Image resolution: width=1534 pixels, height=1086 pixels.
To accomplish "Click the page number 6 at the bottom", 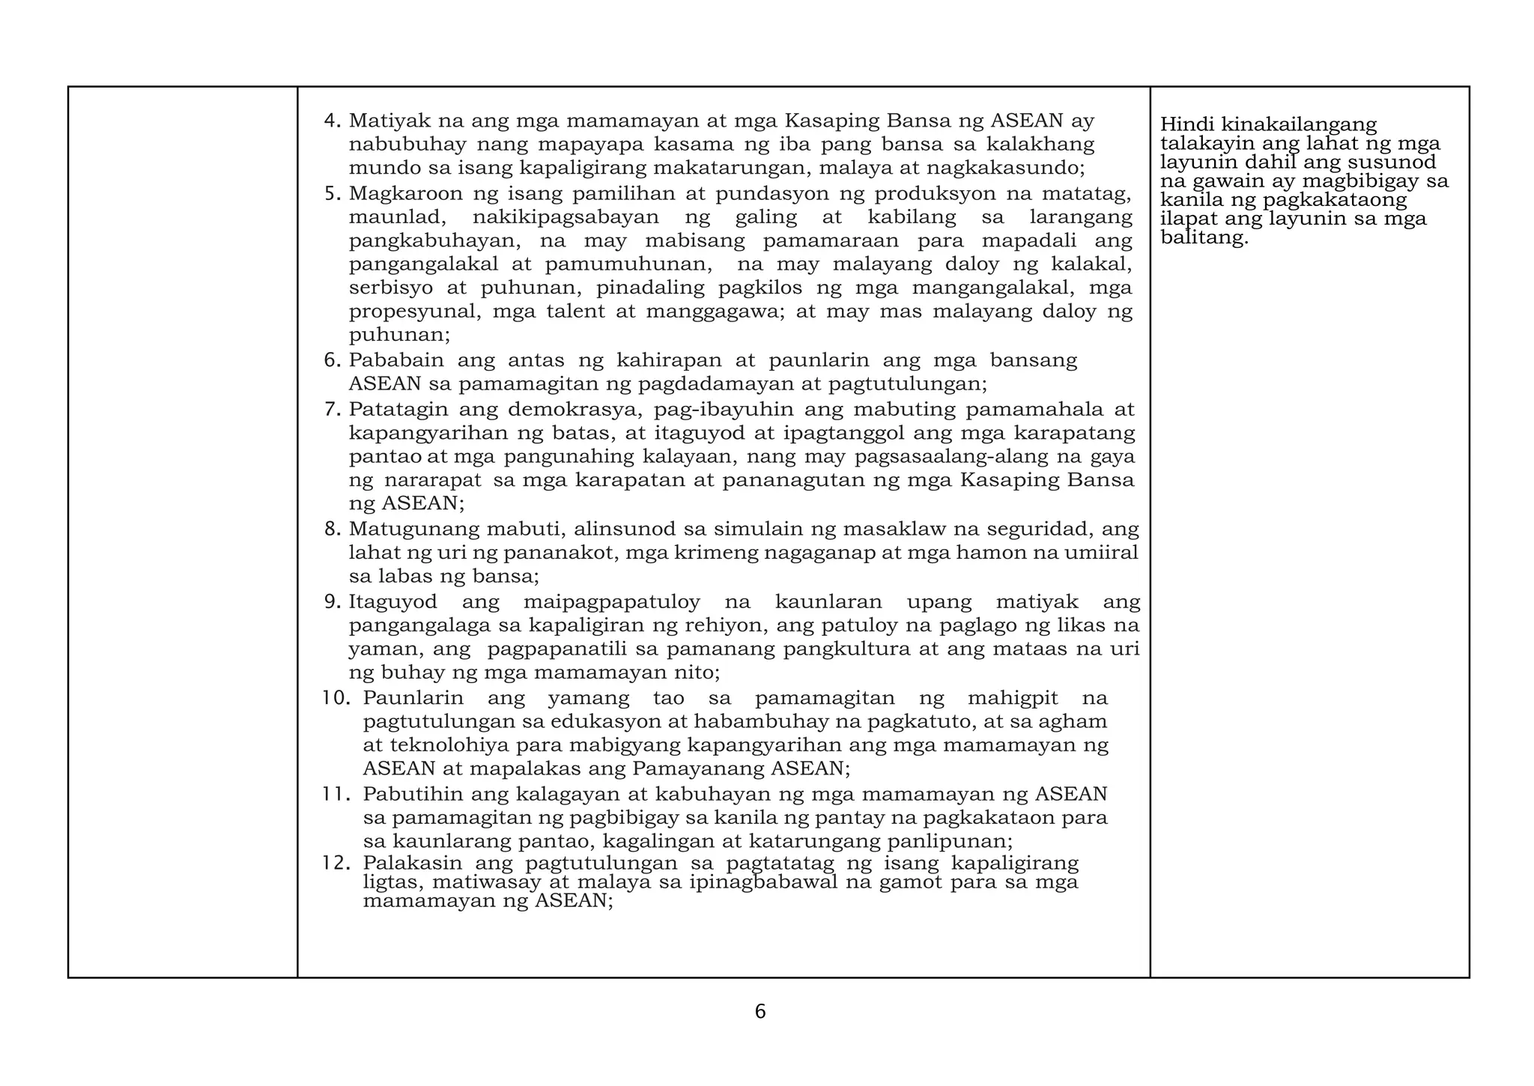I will (x=760, y=1012).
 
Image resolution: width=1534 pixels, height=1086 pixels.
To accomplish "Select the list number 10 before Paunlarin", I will (x=336, y=699).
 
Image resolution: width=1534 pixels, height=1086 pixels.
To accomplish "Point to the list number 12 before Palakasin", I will (x=336, y=864).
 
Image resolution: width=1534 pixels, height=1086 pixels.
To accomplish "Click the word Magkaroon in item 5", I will (x=404, y=194).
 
